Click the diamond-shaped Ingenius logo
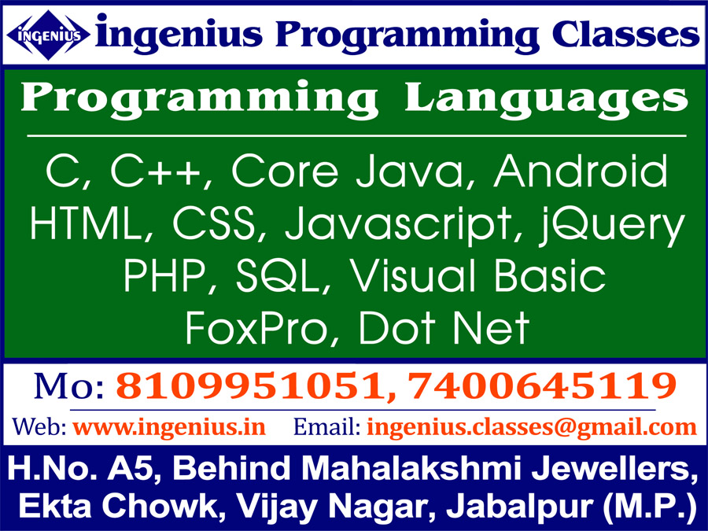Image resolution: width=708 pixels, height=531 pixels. pos(47,35)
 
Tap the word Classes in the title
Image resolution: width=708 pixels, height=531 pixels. pos(626,35)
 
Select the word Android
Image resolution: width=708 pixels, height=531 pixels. pos(581,171)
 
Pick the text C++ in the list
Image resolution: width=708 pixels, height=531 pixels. pos(155,171)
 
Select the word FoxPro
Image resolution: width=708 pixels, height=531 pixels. pos(256,328)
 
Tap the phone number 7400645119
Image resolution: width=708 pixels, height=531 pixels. pos(542,386)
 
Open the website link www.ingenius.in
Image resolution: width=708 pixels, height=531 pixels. pos(169,427)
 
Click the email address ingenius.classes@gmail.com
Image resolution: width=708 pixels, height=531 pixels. pos(532,427)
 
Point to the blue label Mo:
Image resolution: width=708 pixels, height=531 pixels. pos(68,386)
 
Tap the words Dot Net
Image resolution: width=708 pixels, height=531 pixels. pos(444,328)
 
